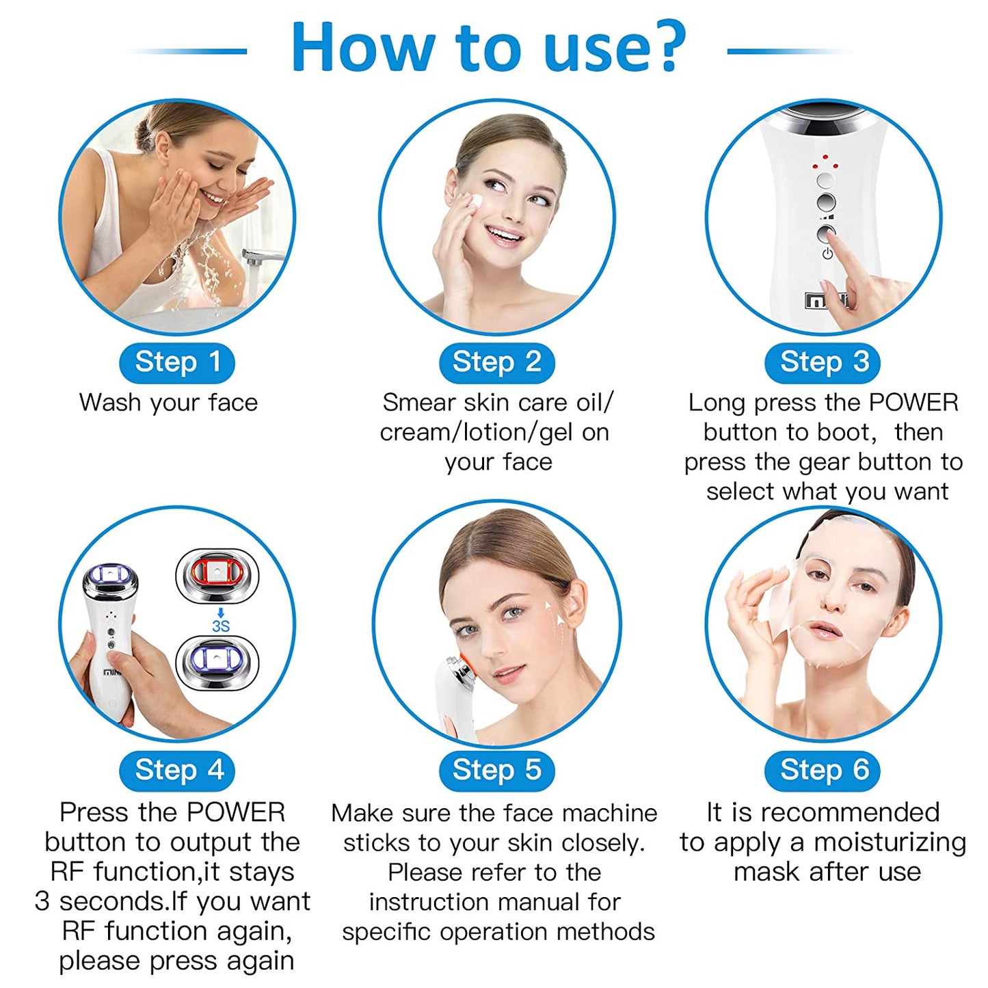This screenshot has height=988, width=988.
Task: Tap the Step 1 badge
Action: tap(177, 362)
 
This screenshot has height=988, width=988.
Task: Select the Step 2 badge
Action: tap(497, 362)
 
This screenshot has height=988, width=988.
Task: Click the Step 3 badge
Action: tap(822, 362)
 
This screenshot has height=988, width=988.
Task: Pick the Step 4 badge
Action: tap(177, 771)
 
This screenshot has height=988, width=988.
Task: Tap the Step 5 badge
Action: tap(497, 771)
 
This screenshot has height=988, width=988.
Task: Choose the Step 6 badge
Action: tap(822, 771)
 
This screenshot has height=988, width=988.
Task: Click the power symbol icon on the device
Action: tap(827, 253)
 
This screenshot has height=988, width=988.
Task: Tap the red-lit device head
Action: tap(217, 575)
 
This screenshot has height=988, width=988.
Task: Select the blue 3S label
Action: tap(220, 626)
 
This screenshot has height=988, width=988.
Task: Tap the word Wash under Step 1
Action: tap(110, 403)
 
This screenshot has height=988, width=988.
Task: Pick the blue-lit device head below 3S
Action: tap(217, 663)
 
